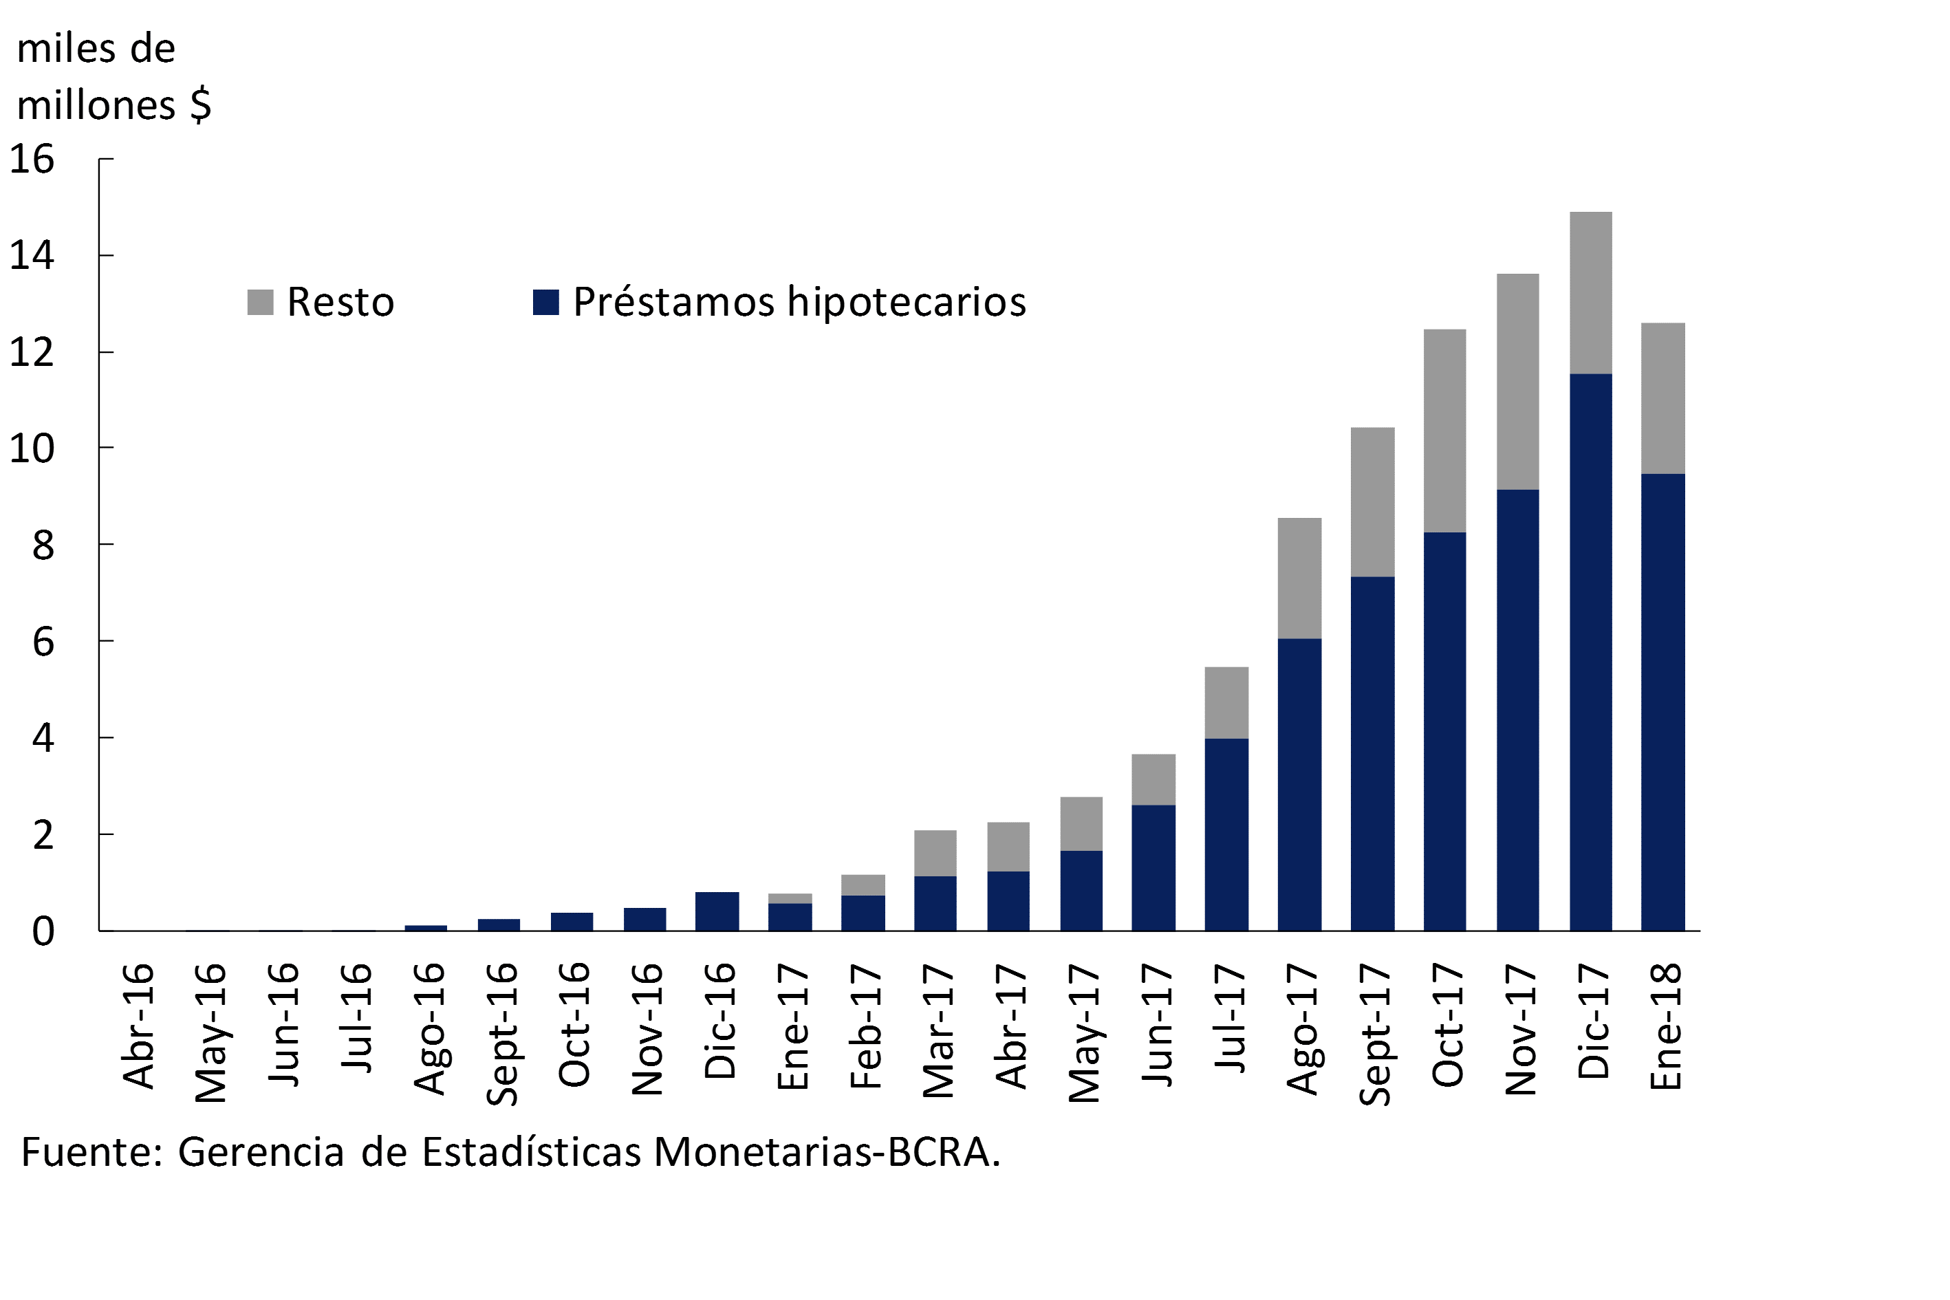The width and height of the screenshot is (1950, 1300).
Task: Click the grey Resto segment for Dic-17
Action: (x=1590, y=292)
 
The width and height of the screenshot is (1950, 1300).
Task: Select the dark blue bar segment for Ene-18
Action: (x=1663, y=702)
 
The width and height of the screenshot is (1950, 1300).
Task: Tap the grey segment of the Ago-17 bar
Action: (x=1299, y=578)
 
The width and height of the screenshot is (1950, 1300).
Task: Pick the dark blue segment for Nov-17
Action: (x=1517, y=710)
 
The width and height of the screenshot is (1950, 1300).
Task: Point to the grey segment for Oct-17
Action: (x=1444, y=431)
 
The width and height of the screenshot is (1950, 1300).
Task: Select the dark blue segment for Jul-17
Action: (x=1226, y=834)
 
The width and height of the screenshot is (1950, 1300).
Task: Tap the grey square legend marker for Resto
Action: (x=260, y=302)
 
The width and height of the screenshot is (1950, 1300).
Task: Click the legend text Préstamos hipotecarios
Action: (x=799, y=302)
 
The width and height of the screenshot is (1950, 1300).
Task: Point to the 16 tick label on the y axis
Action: (x=32, y=158)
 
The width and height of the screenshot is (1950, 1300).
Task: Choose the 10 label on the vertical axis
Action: (x=32, y=448)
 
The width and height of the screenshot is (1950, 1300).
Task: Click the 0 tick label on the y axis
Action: (x=43, y=931)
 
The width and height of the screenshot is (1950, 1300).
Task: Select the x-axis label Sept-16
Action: (x=501, y=1033)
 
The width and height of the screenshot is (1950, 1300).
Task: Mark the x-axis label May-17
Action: (x=1083, y=1032)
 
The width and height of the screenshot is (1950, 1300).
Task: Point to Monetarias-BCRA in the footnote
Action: (x=827, y=1151)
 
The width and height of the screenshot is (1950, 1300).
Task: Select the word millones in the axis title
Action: (x=96, y=105)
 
